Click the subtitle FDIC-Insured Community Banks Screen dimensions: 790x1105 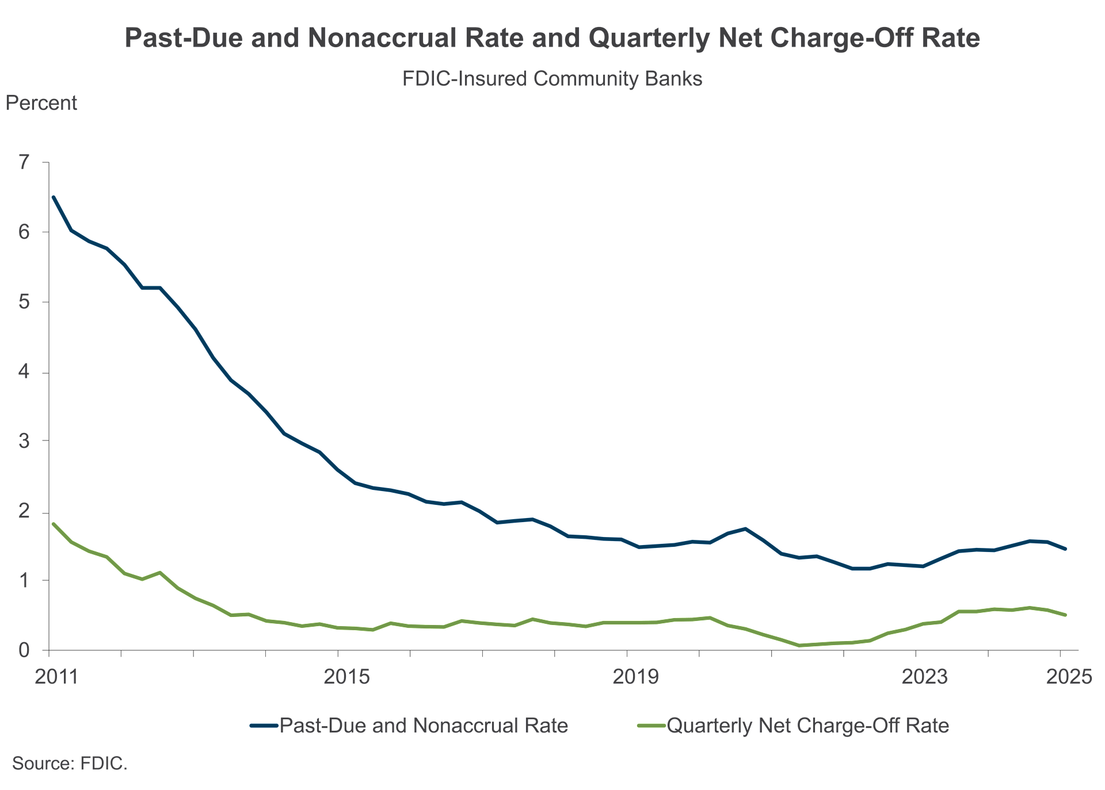552,79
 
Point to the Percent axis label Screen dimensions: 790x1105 41,103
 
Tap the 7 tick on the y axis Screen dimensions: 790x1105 24,162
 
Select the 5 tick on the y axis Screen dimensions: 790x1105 24,301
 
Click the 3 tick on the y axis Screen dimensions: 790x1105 24,441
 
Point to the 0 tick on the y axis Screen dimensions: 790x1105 24,650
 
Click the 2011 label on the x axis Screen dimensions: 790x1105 56,677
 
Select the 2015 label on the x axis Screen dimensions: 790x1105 346,677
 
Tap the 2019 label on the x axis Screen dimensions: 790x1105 635,677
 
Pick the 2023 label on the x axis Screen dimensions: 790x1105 924,677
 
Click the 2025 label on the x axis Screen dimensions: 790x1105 1069,677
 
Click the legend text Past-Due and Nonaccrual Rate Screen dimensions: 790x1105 424,726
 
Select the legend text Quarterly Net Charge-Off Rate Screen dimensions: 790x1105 807,726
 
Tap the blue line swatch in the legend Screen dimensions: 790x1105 264,726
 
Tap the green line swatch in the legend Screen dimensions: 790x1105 651,726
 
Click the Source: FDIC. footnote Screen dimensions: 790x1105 70,764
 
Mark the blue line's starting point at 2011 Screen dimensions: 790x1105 54,197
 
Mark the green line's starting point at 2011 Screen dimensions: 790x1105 54,524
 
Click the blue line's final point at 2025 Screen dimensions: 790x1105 1065,549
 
